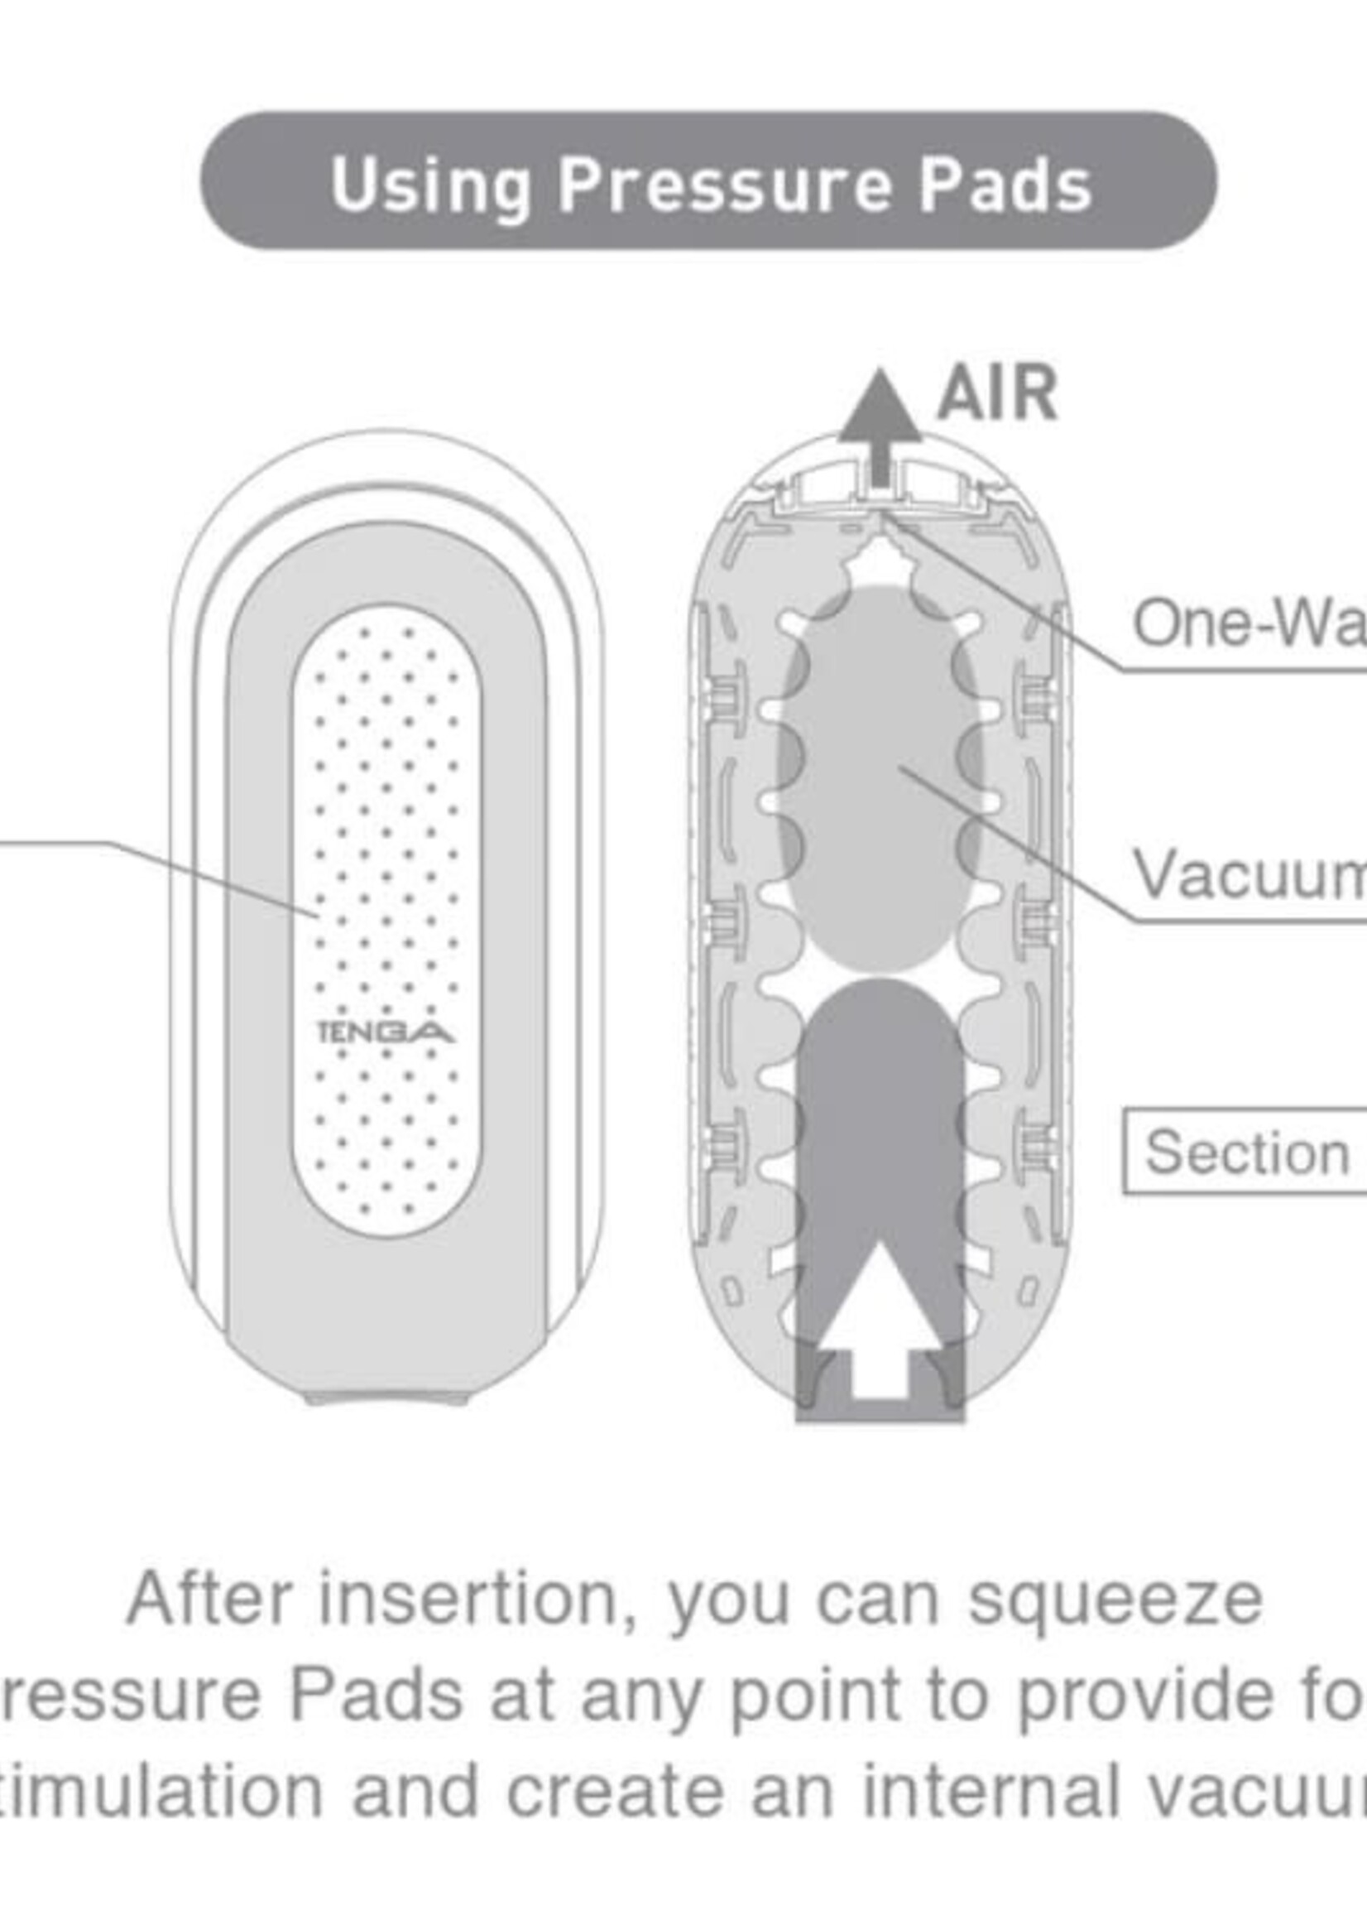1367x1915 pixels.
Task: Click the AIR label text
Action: pyautogui.click(x=996, y=393)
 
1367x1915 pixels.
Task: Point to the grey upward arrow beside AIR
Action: pyautogui.click(x=880, y=421)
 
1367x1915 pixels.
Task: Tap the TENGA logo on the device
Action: pyautogui.click(x=386, y=1032)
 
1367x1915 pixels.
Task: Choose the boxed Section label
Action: pyautogui.click(x=1246, y=1152)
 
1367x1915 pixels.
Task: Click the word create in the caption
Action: pyautogui.click(x=615, y=1790)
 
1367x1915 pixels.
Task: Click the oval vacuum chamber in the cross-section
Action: pyautogui.click(x=880, y=775)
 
